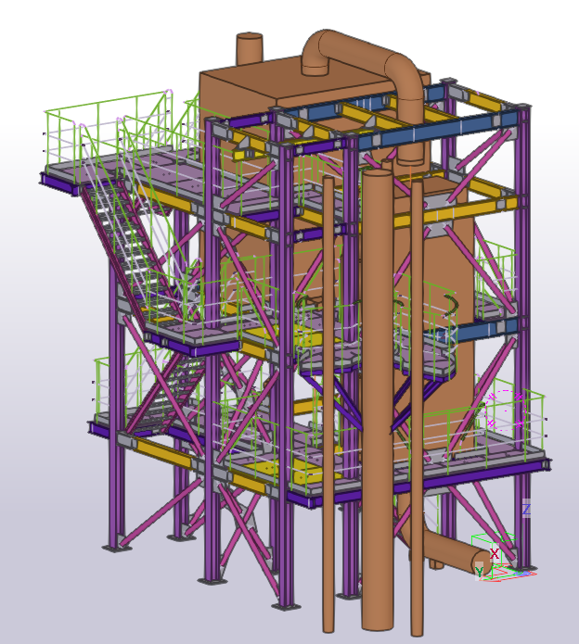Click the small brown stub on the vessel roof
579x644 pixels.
tap(250, 48)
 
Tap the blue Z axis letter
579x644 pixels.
tap(526, 510)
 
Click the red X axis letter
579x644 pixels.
tap(495, 553)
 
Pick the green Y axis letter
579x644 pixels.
tap(480, 572)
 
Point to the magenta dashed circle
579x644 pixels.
tap(506, 410)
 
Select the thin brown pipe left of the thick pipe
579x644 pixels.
tap(328, 405)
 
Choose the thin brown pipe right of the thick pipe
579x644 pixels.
tap(417, 407)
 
